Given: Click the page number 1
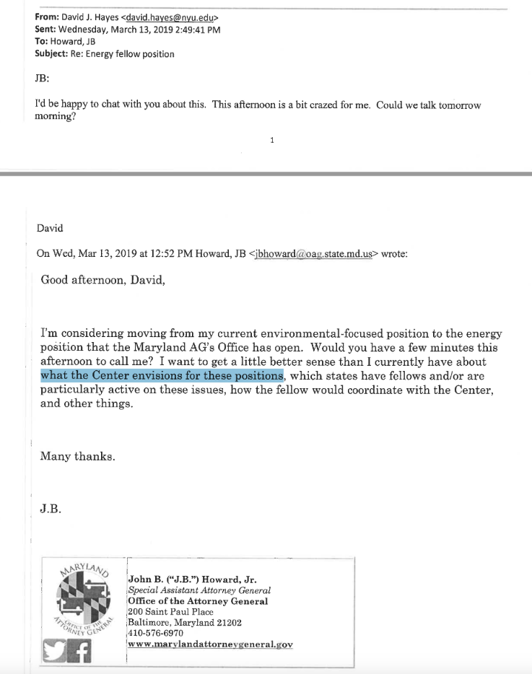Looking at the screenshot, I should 271,141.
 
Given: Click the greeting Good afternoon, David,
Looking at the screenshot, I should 103,280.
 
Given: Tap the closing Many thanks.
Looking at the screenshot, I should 77,456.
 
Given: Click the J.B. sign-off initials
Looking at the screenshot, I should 51,508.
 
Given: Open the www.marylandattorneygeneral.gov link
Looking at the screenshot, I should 210,644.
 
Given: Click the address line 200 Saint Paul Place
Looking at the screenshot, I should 170,612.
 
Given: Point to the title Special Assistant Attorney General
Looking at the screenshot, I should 199,590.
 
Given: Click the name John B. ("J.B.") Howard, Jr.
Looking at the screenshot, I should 192,579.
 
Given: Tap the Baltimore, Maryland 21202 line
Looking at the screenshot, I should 185,622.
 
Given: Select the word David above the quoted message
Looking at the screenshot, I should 50,228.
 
